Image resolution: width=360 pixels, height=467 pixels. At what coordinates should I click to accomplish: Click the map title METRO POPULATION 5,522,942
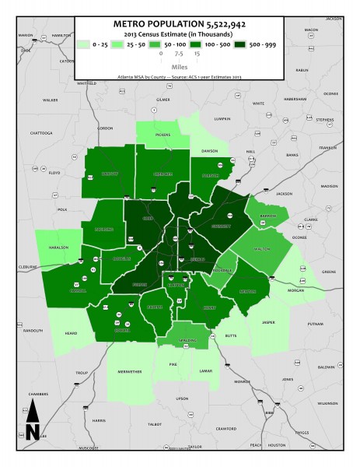pyautogui.click(x=181, y=24)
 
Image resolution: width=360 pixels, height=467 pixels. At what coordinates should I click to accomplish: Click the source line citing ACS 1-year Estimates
pyautogui.click(x=181, y=79)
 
